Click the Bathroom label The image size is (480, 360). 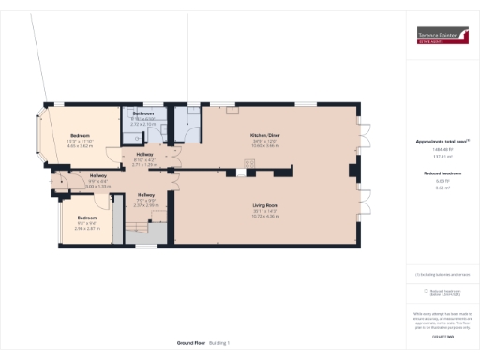pos(143,113)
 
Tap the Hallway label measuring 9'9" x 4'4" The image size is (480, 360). pos(98,177)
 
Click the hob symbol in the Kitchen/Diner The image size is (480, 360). pos(249,165)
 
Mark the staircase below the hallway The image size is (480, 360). pos(141,230)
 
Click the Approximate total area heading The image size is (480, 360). pos(442,142)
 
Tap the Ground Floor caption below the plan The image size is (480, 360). pos(192,342)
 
